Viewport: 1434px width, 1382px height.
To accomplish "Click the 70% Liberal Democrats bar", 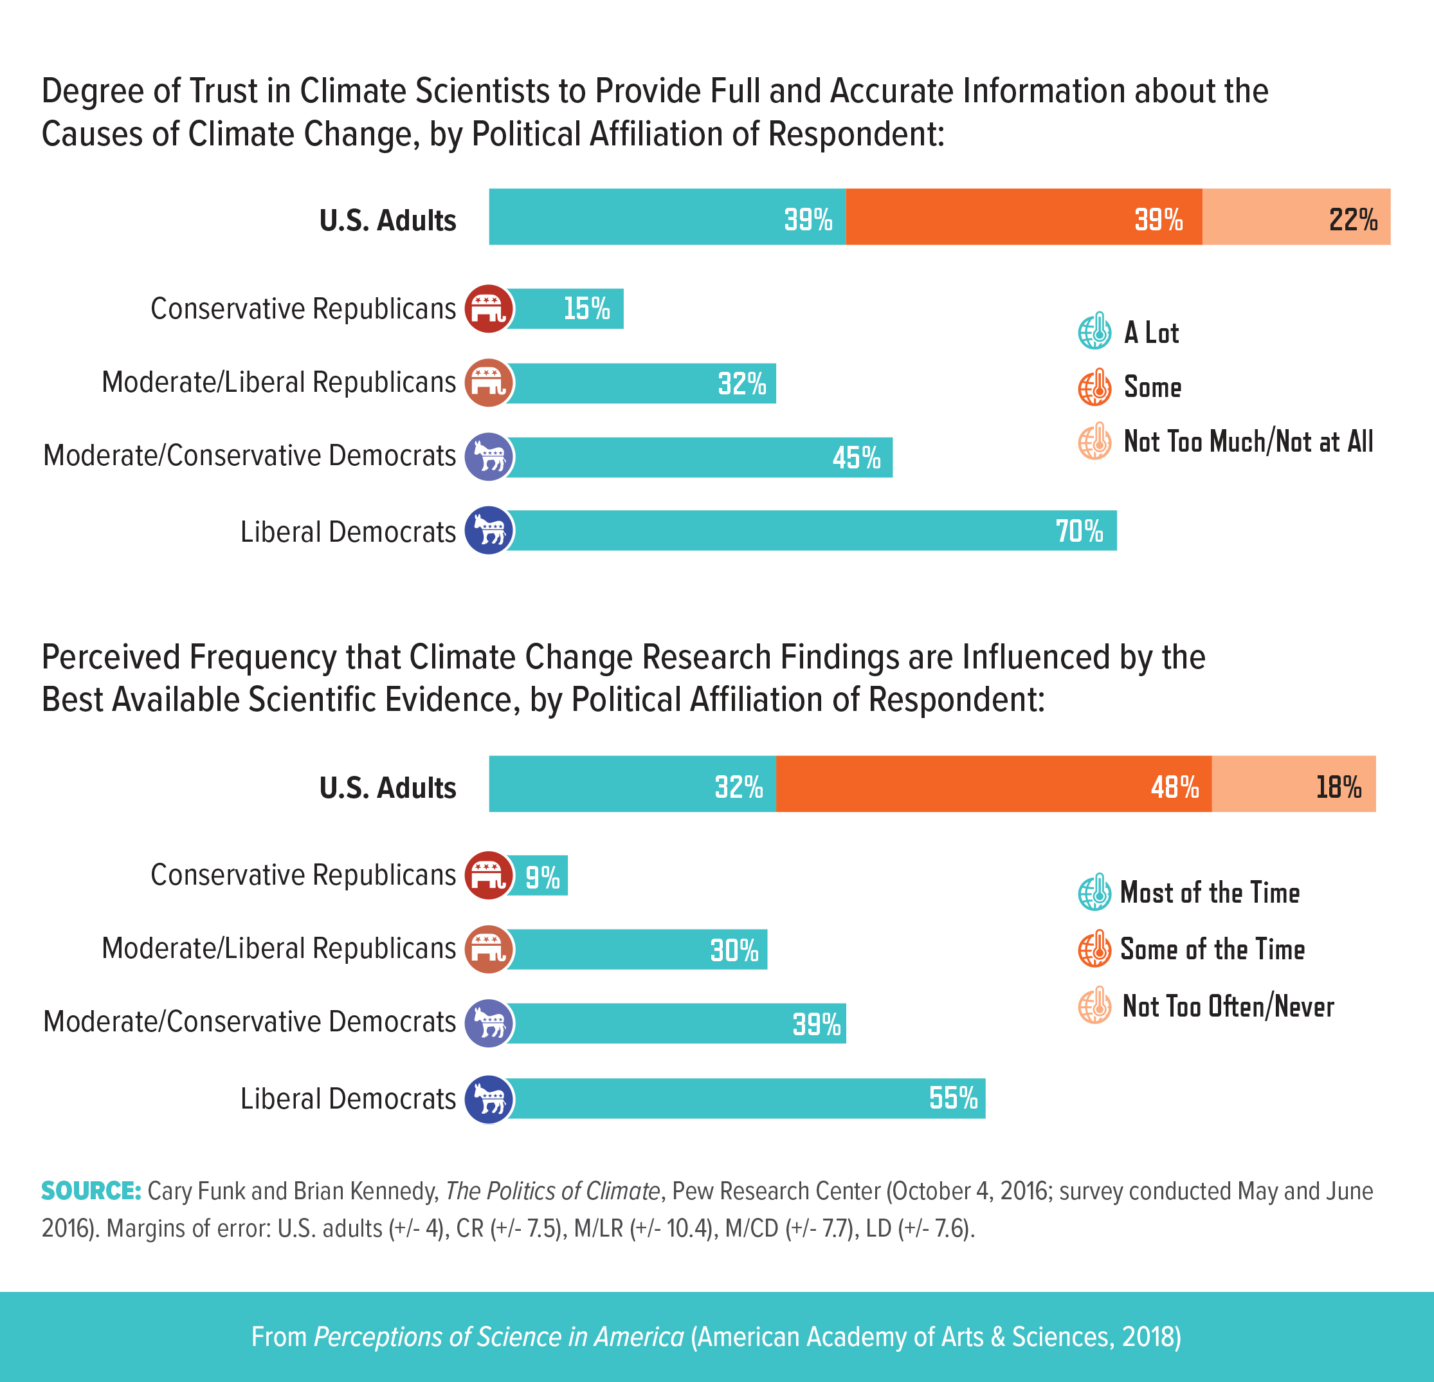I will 812,531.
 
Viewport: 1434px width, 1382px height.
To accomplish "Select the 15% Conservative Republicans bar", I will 565,309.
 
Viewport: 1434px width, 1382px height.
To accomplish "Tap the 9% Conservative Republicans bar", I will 538,876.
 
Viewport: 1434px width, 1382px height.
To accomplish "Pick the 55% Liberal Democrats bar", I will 747,1098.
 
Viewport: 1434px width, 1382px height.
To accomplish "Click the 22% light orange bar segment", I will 1296,217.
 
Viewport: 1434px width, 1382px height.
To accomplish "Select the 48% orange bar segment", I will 994,784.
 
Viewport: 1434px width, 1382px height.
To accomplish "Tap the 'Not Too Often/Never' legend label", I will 1228,1006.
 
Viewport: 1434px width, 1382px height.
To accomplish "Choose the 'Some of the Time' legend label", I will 1212,950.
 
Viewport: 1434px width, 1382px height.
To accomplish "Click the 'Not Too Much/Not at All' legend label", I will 1248,441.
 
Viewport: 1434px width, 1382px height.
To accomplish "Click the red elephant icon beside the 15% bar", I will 489,309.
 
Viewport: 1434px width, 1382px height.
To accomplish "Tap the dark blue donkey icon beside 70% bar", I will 489,531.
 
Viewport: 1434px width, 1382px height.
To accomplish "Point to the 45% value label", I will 856,458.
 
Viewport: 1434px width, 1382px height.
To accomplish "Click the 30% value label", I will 734,951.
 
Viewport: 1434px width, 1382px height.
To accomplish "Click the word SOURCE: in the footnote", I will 91,1191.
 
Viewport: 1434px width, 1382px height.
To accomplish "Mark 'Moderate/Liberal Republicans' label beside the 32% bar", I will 278,382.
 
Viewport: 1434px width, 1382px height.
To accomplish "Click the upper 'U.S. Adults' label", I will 388,220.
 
